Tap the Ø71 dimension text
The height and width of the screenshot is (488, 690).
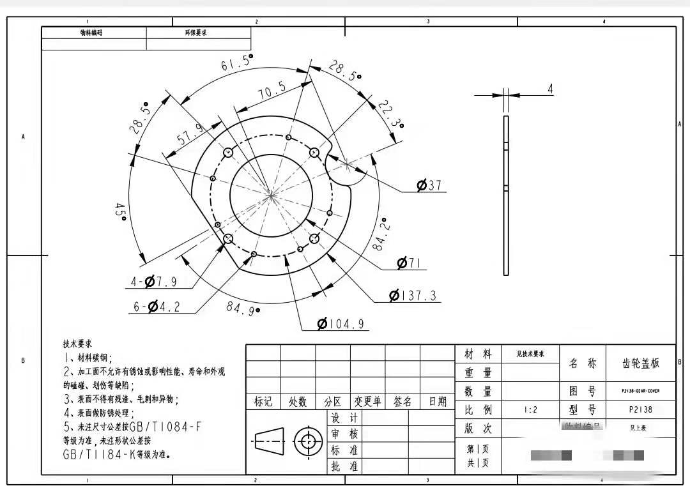tap(411, 263)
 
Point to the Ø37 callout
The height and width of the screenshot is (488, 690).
tap(429, 186)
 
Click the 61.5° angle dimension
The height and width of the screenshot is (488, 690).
tap(237, 64)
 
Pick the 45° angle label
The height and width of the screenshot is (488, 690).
tap(120, 211)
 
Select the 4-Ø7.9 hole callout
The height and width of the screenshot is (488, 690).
tap(153, 281)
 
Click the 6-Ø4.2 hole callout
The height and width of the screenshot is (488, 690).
tap(157, 307)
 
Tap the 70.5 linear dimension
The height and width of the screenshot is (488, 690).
tap(272, 91)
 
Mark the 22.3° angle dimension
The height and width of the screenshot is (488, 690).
tap(390, 114)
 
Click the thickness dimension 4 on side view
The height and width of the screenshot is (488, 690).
tap(550, 89)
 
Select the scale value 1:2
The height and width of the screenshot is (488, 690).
tap(530, 409)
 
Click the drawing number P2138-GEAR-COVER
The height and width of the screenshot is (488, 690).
tap(640, 391)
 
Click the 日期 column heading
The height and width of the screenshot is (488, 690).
tap(438, 402)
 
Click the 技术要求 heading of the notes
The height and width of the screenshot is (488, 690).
tap(77, 344)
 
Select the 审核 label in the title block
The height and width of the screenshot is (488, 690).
tap(344, 434)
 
